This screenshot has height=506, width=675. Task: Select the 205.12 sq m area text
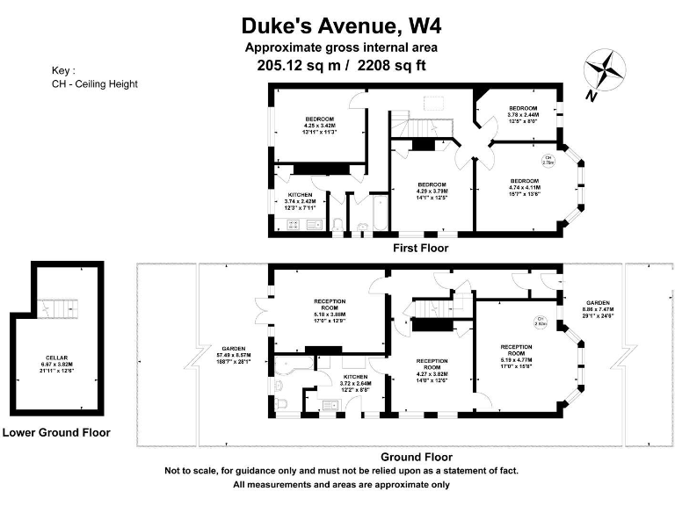pyautogui.click(x=289, y=65)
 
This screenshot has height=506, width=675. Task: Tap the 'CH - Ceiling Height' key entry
pyautogui.click(x=95, y=84)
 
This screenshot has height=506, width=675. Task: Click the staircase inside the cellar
pyautogui.click(x=58, y=309)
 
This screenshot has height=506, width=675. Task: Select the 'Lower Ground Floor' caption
pyautogui.click(x=56, y=432)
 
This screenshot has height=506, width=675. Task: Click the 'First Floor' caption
pyautogui.click(x=420, y=249)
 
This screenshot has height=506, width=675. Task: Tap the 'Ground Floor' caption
pyautogui.click(x=416, y=457)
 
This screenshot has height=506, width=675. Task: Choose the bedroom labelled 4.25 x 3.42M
pyautogui.click(x=319, y=125)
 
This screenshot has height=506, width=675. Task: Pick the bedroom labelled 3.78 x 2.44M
pyautogui.click(x=523, y=114)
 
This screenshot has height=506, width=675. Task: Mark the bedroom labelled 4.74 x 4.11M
pyautogui.click(x=525, y=187)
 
